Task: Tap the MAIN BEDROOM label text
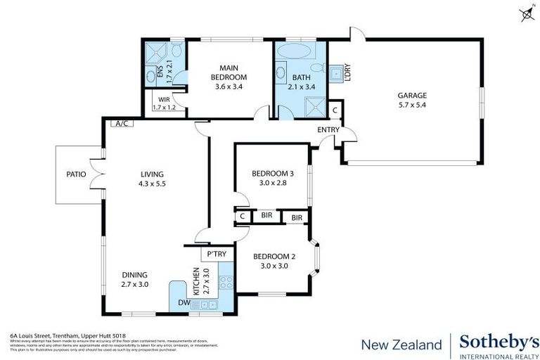point(230,72)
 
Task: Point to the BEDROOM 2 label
point(273,256)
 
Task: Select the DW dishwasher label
point(184,303)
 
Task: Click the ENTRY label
point(328,129)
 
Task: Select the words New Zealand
point(401,345)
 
